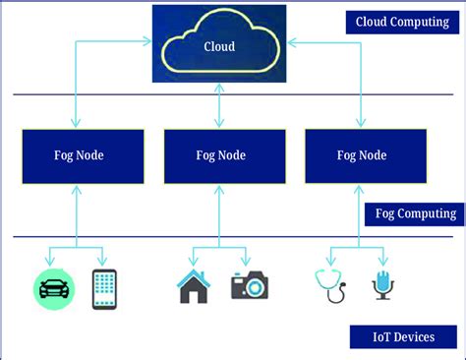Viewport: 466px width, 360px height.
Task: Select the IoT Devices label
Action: (x=404, y=337)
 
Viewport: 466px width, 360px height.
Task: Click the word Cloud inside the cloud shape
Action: (x=218, y=46)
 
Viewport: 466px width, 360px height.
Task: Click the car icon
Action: (x=53, y=287)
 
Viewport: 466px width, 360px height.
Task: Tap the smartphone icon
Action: (x=104, y=287)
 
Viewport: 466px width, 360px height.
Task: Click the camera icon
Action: (x=250, y=286)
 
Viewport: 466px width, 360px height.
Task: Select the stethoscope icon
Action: (x=329, y=285)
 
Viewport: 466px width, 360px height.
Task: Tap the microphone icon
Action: (x=381, y=286)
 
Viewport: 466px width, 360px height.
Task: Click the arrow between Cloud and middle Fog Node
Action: (x=219, y=105)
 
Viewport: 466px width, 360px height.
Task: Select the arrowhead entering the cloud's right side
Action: (x=291, y=41)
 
